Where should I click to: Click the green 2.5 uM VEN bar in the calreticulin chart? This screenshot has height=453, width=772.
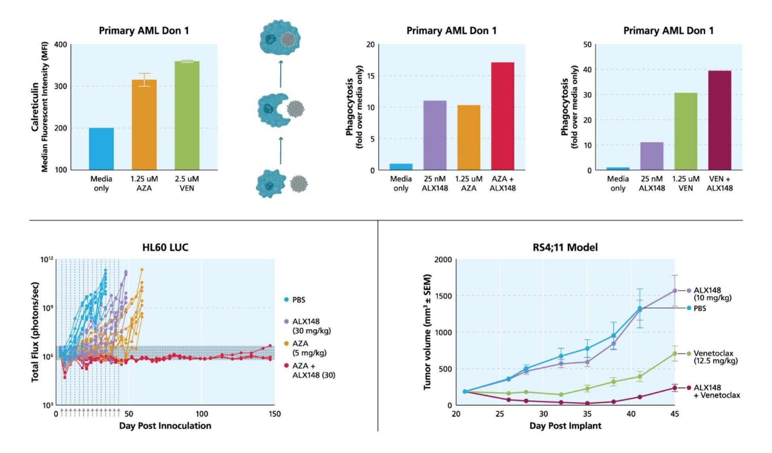pos(187,116)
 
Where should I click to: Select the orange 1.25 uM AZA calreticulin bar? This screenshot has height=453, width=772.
pos(144,125)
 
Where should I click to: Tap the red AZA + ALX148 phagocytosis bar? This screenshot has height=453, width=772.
pos(502,116)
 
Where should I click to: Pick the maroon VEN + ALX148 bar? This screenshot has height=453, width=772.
pos(719,120)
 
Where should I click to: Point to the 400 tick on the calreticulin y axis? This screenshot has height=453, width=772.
pos(61,44)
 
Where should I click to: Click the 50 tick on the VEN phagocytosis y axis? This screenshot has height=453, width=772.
pos(587,44)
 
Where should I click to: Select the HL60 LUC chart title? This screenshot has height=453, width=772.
pos(165,247)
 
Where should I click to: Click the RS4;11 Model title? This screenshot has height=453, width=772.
pos(565,247)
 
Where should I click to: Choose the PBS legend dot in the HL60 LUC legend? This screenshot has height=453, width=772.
pos(286,300)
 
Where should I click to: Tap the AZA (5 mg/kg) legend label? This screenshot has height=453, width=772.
pos(309,348)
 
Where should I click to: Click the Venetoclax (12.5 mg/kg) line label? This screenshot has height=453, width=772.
pos(715,357)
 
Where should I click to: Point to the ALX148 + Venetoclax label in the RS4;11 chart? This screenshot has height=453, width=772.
pos(717,391)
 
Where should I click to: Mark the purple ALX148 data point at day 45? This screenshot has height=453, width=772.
pos(675,291)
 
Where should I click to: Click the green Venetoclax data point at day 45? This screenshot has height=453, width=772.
pos(675,354)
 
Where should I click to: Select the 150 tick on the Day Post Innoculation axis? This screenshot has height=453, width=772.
pos(274,414)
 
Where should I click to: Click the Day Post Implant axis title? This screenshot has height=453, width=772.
pos(565,426)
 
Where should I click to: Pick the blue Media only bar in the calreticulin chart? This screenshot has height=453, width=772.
pos(101,149)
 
